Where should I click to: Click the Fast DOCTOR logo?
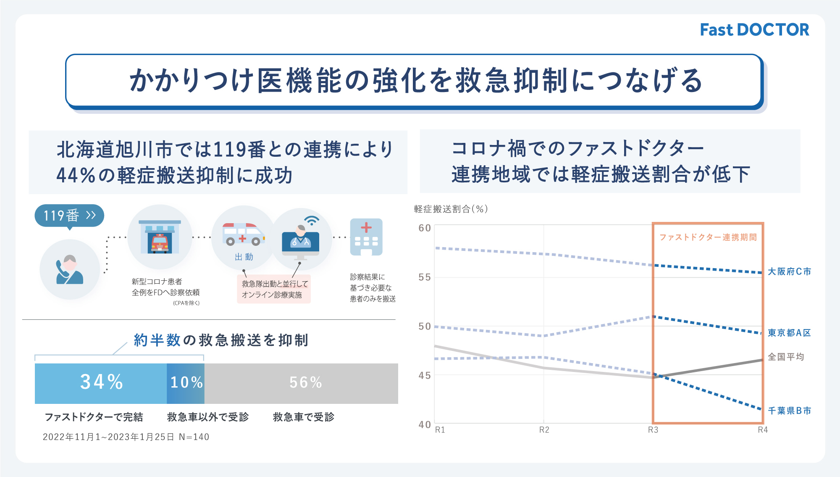coord(754,30)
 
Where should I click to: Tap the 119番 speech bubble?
coord(69,216)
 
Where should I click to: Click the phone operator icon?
coord(70,269)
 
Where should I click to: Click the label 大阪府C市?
coord(789,271)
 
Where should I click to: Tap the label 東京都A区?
coord(789,333)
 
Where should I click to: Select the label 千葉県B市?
coord(789,411)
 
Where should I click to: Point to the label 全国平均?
coord(786,357)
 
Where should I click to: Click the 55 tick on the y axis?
coord(425,277)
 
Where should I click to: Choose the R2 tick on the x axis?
coord(544,430)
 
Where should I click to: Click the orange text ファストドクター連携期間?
coord(708,237)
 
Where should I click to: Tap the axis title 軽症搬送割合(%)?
coord(451,209)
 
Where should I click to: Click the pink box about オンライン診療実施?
coord(274,289)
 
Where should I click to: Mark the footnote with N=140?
coord(126,437)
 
